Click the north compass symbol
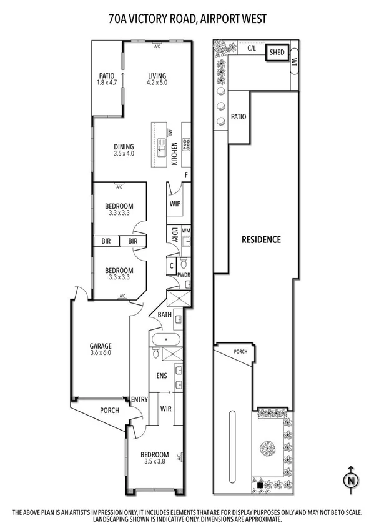coord(351,480)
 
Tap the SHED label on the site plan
coord(277,53)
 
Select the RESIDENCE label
coord(262,239)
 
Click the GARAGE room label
coord(101,346)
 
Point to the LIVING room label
coord(157,77)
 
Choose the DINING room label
coord(124,147)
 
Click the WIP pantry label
coord(175,203)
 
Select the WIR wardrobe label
coord(166,408)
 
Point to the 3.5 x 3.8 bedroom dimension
coord(154,462)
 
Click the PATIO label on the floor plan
coord(107,77)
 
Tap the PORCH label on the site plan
coord(240,352)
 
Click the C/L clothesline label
coord(252,47)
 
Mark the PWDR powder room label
coord(184,274)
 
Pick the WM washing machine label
coord(185,231)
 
